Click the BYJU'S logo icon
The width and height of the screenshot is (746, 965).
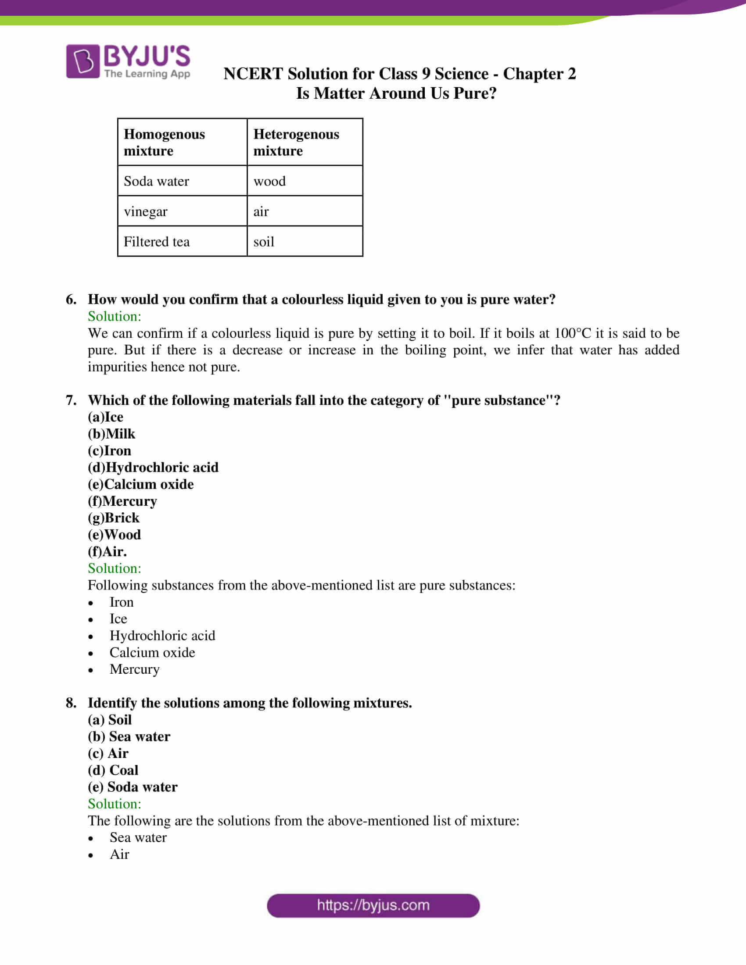(83, 61)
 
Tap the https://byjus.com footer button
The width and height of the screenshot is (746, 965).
(373, 905)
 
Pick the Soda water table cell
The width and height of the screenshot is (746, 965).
(157, 181)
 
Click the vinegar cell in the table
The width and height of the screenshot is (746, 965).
(145, 212)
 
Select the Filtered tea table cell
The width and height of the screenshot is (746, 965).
(157, 242)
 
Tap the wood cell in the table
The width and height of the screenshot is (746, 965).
(269, 181)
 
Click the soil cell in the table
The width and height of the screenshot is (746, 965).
(263, 242)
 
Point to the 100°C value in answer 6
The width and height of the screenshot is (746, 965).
(572, 333)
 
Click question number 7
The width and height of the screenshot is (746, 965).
(71, 400)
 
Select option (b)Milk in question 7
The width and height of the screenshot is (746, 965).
(111, 434)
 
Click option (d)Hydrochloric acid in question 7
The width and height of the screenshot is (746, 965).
(153, 468)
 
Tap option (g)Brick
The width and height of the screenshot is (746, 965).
(114, 518)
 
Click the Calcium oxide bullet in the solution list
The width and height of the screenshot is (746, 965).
(152, 653)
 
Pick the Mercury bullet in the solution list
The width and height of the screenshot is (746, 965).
(134, 669)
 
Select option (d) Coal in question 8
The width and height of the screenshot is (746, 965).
(113, 770)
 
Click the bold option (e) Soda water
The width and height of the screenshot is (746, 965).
(133, 787)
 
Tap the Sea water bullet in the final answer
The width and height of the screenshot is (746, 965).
(138, 837)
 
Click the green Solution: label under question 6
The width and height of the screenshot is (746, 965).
(115, 316)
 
